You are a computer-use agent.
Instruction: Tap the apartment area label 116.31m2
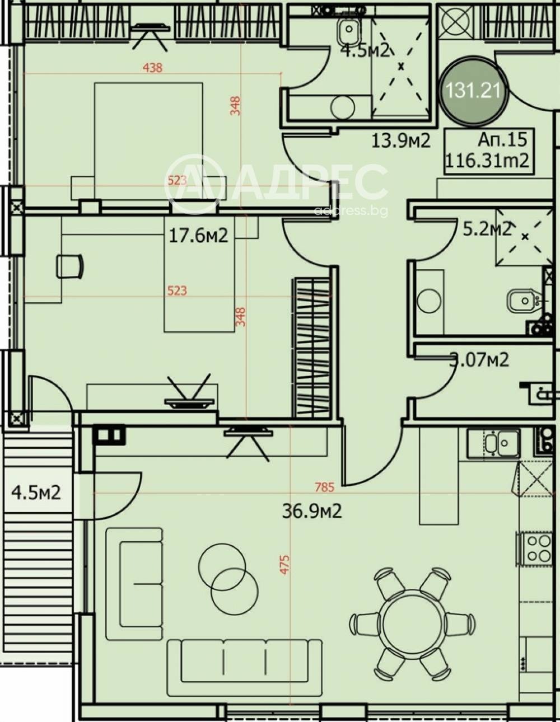(487, 161)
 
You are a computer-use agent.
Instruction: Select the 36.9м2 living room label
(311, 510)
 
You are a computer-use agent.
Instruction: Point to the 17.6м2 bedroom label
(198, 236)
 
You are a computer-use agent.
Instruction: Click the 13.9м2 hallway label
(401, 140)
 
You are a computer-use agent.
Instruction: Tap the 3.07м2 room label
(480, 359)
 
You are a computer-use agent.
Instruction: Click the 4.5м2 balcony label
(36, 493)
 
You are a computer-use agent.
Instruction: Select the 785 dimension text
(324, 487)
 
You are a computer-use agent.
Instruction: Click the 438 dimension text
(153, 68)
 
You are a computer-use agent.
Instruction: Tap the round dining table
(413, 622)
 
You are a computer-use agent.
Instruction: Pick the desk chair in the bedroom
(70, 266)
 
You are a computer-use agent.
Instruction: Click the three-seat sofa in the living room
(244, 660)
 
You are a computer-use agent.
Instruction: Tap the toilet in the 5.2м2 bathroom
(523, 302)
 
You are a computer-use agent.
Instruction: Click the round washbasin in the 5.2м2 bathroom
(429, 301)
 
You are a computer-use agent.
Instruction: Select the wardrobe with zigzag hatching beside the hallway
(312, 348)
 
